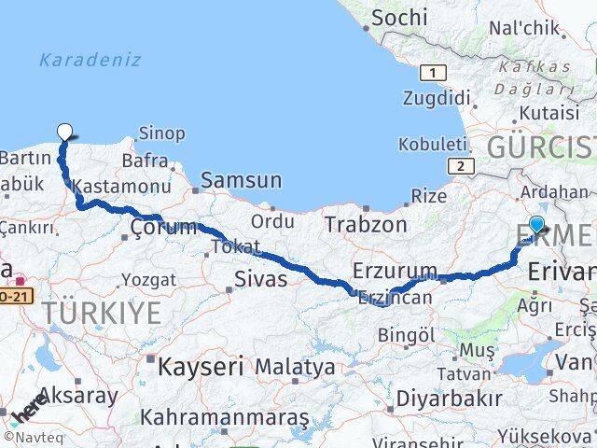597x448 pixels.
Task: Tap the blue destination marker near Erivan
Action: (537, 224)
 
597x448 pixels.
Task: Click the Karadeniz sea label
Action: (90, 60)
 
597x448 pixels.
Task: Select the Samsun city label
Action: (241, 180)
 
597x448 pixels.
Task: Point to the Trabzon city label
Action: (366, 225)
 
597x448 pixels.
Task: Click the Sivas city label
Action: (260, 278)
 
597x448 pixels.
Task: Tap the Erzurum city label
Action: (395, 272)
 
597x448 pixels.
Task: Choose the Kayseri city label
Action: (201, 366)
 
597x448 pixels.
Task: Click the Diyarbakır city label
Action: (449, 399)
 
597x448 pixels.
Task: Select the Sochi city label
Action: (399, 18)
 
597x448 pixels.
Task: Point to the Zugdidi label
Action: (437, 98)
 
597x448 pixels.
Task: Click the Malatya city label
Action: (295, 367)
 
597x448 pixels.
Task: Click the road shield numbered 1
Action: (433, 73)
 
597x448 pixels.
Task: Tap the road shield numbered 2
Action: (461, 165)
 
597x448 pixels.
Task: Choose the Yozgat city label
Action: (148, 280)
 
